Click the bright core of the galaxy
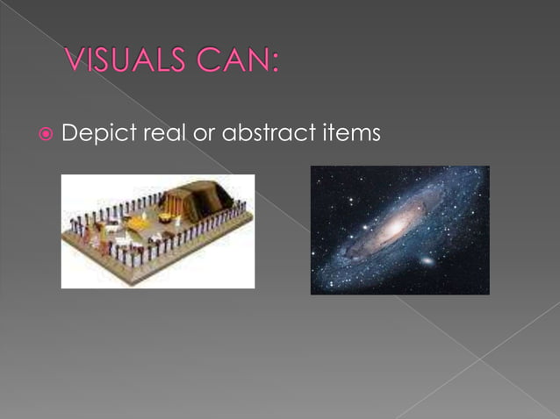point(396,226)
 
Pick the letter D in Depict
point(71,134)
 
